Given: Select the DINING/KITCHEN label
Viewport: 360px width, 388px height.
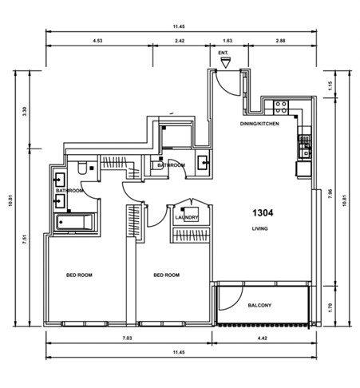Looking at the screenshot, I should point(259,125).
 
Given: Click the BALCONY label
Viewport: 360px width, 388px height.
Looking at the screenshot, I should point(259,305).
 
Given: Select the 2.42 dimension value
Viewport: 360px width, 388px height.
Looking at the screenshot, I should point(180,39).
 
